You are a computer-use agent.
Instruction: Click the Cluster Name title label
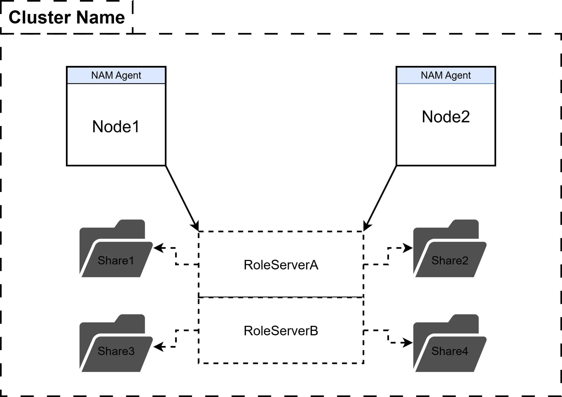pyautogui.click(x=66, y=17)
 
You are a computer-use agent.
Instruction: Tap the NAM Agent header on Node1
pyautogui.click(x=116, y=75)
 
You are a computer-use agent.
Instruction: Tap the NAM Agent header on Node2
pyautogui.click(x=446, y=75)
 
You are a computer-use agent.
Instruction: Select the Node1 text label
pyautogui.click(x=116, y=126)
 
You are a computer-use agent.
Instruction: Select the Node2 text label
pyautogui.click(x=446, y=117)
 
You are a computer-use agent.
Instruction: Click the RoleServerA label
pyautogui.click(x=281, y=265)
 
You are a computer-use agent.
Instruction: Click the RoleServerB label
pyautogui.click(x=281, y=331)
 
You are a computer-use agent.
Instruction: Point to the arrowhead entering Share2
pyautogui.click(x=408, y=248)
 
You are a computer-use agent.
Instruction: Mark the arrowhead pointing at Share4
pyautogui.click(x=408, y=342)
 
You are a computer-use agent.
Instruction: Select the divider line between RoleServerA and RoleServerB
pyautogui.click(x=281, y=297)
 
